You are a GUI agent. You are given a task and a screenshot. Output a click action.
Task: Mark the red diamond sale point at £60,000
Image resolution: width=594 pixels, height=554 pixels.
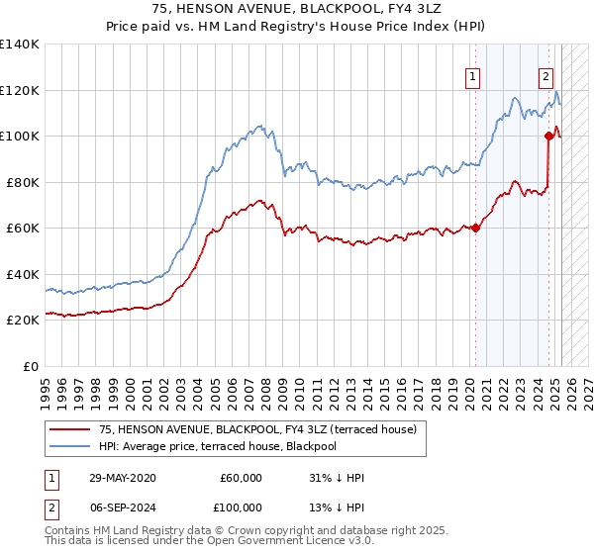(475, 229)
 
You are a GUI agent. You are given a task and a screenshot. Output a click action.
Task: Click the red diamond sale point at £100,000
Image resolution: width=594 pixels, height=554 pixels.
(548, 137)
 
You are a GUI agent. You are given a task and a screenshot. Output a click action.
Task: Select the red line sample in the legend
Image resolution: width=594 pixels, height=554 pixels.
(69, 429)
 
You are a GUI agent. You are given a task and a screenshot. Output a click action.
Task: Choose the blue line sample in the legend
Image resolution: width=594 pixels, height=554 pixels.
(69, 446)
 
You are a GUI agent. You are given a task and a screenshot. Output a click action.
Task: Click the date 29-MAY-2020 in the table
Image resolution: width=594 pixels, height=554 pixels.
(119, 478)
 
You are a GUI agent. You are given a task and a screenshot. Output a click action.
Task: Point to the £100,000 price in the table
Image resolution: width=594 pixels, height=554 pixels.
(242, 507)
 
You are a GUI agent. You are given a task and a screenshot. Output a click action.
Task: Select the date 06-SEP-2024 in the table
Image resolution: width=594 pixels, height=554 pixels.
(119, 507)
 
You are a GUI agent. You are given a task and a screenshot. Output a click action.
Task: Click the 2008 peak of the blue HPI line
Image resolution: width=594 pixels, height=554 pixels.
(259, 126)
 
